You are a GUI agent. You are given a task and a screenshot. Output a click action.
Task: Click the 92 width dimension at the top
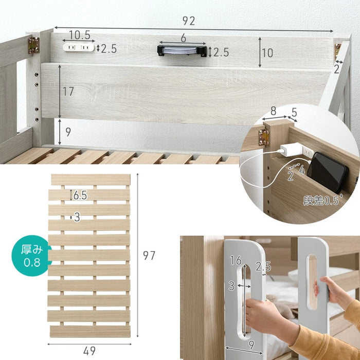189,21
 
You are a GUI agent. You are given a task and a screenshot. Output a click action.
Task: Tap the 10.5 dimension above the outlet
80,35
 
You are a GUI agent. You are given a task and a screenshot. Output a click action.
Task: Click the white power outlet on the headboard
79,47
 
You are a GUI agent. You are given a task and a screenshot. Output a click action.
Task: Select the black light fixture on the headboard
182,51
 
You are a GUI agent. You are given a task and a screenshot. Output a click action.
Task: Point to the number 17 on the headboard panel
68,92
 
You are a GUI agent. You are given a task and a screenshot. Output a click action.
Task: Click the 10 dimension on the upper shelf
267,53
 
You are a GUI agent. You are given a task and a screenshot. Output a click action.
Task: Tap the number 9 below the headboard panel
68,132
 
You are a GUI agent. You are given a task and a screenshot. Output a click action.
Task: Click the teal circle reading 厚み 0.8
31,255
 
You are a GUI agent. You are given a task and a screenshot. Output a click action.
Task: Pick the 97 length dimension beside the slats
149,255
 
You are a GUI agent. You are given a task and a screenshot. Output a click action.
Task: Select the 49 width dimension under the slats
89,351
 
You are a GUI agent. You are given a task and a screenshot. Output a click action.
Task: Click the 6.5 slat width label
80,195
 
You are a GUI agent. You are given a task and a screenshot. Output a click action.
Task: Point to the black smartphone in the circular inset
328,172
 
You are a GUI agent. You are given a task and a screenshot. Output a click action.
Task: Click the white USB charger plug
291,150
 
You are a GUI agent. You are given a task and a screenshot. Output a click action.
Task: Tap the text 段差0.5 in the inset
322,200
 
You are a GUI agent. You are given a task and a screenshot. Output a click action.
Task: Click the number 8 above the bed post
273,111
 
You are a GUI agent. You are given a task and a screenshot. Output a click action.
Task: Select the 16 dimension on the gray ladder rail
236,260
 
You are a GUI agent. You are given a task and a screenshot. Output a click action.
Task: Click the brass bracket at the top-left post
34,45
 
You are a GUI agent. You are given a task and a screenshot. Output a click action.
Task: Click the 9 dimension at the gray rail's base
251,345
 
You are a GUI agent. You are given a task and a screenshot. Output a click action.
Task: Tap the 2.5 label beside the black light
221,52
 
